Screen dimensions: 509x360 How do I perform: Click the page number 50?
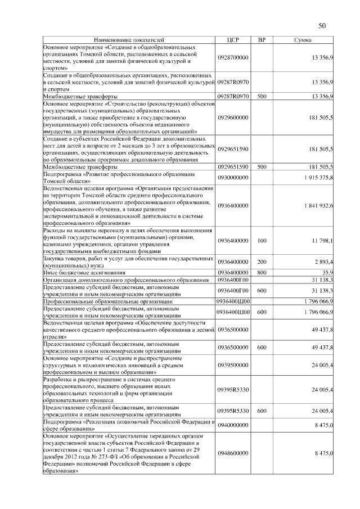point(322,25)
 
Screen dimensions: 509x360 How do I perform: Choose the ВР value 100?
point(262,241)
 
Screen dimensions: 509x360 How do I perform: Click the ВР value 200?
point(262,262)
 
